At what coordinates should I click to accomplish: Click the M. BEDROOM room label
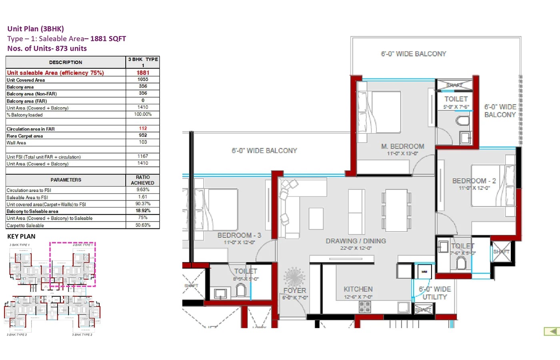click(402, 146)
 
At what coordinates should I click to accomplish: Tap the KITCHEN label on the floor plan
click(358, 289)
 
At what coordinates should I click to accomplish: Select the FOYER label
click(295, 290)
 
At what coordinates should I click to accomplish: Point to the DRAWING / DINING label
click(356, 241)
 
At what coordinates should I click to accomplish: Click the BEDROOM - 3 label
click(239, 235)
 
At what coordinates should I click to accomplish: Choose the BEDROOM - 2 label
click(474, 181)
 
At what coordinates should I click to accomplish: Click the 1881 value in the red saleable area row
click(143, 73)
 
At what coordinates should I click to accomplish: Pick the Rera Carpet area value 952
click(143, 135)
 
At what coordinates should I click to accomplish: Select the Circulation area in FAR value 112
click(143, 128)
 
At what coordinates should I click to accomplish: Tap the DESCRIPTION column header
click(66, 62)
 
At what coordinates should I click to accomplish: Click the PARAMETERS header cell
click(66, 180)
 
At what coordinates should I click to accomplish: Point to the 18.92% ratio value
click(143, 211)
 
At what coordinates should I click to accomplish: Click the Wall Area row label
click(16, 143)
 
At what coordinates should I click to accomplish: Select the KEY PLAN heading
click(21, 236)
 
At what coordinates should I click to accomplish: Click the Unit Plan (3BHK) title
click(36, 29)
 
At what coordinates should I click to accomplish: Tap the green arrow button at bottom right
click(552, 331)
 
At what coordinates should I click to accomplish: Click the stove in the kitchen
click(365, 307)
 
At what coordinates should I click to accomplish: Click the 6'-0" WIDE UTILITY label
click(435, 293)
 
